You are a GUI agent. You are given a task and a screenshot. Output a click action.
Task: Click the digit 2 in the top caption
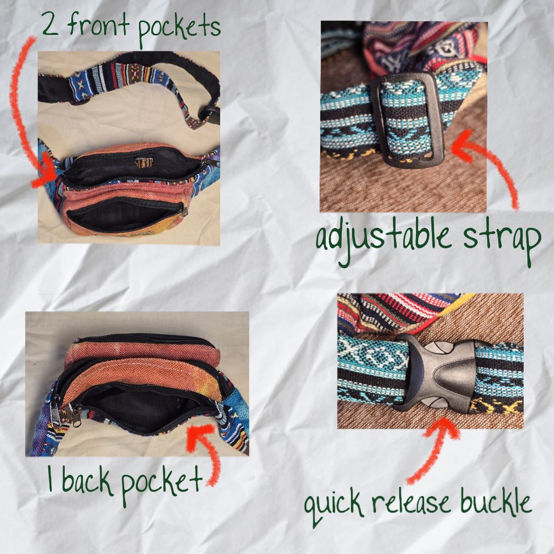pyautogui.click(x=50, y=24)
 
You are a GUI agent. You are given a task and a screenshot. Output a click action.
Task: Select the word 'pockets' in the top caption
pyautogui.click(x=179, y=30)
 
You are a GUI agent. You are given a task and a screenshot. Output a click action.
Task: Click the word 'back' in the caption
pyautogui.click(x=87, y=481)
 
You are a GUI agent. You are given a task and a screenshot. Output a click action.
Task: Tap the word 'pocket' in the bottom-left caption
pyautogui.click(x=162, y=484)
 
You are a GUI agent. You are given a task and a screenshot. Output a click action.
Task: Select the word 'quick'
pyautogui.click(x=334, y=506)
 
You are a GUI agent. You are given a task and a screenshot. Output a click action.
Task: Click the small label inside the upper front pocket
pyautogui.click(x=144, y=163)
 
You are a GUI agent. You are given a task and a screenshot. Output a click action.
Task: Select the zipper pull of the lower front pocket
pyautogui.click(x=184, y=212)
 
